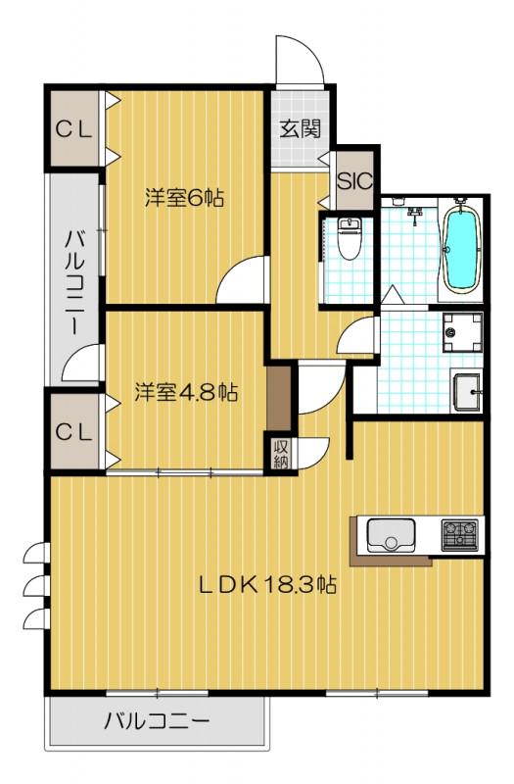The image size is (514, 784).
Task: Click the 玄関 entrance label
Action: pyautogui.click(x=299, y=127)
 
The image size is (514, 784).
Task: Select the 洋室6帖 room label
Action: pyautogui.click(x=184, y=197)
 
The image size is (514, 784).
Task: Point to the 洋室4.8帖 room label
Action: pyautogui.click(x=185, y=392)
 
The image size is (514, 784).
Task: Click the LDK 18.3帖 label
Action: pyautogui.click(x=268, y=586)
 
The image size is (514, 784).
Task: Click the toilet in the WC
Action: pyautogui.click(x=348, y=239)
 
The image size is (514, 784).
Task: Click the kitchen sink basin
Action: pyautogui.click(x=391, y=535)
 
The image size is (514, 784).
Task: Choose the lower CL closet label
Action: pyautogui.click(x=72, y=430)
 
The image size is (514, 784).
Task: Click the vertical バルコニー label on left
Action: pyautogui.click(x=75, y=280)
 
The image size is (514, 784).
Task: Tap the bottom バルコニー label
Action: pyautogui.click(x=156, y=723)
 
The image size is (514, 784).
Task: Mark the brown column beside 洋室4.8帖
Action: pyautogui.click(x=281, y=398)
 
